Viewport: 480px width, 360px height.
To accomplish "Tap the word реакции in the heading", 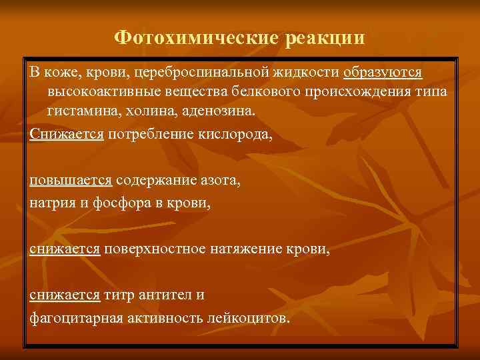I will tap(325, 38).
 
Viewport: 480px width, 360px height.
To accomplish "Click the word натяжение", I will tap(250, 249).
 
